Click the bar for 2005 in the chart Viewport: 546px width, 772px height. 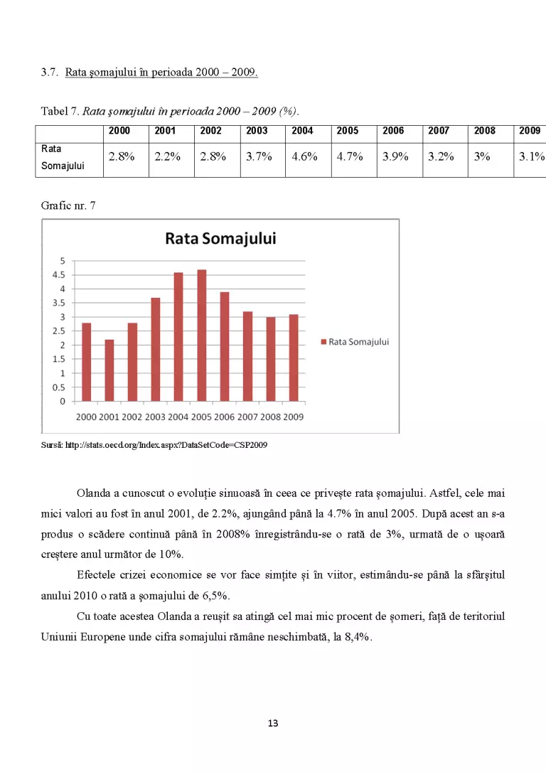[201, 336]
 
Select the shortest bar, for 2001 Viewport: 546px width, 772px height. [109, 370]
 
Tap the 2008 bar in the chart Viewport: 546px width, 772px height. [271, 359]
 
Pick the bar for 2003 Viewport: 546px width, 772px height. [156, 350]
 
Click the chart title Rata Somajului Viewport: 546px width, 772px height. [220, 238]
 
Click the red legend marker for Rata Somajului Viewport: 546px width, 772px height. [323, 342]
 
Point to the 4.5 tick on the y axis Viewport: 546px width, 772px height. [58, 274]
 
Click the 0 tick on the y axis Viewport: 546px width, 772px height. [63, 401]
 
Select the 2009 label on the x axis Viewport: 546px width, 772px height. [294, 417]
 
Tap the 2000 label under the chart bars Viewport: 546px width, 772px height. [86, 417]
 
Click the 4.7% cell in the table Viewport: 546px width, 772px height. [350, 156]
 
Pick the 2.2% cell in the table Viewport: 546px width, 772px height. [167, 156]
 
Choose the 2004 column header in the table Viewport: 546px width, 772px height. [302, 131]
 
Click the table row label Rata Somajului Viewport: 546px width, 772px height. [63, 157]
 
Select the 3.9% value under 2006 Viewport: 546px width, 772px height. [395, 156]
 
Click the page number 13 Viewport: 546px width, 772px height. [273, 723]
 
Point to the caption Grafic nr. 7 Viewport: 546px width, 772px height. [68, 206]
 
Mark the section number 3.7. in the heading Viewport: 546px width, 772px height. [50, 73]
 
